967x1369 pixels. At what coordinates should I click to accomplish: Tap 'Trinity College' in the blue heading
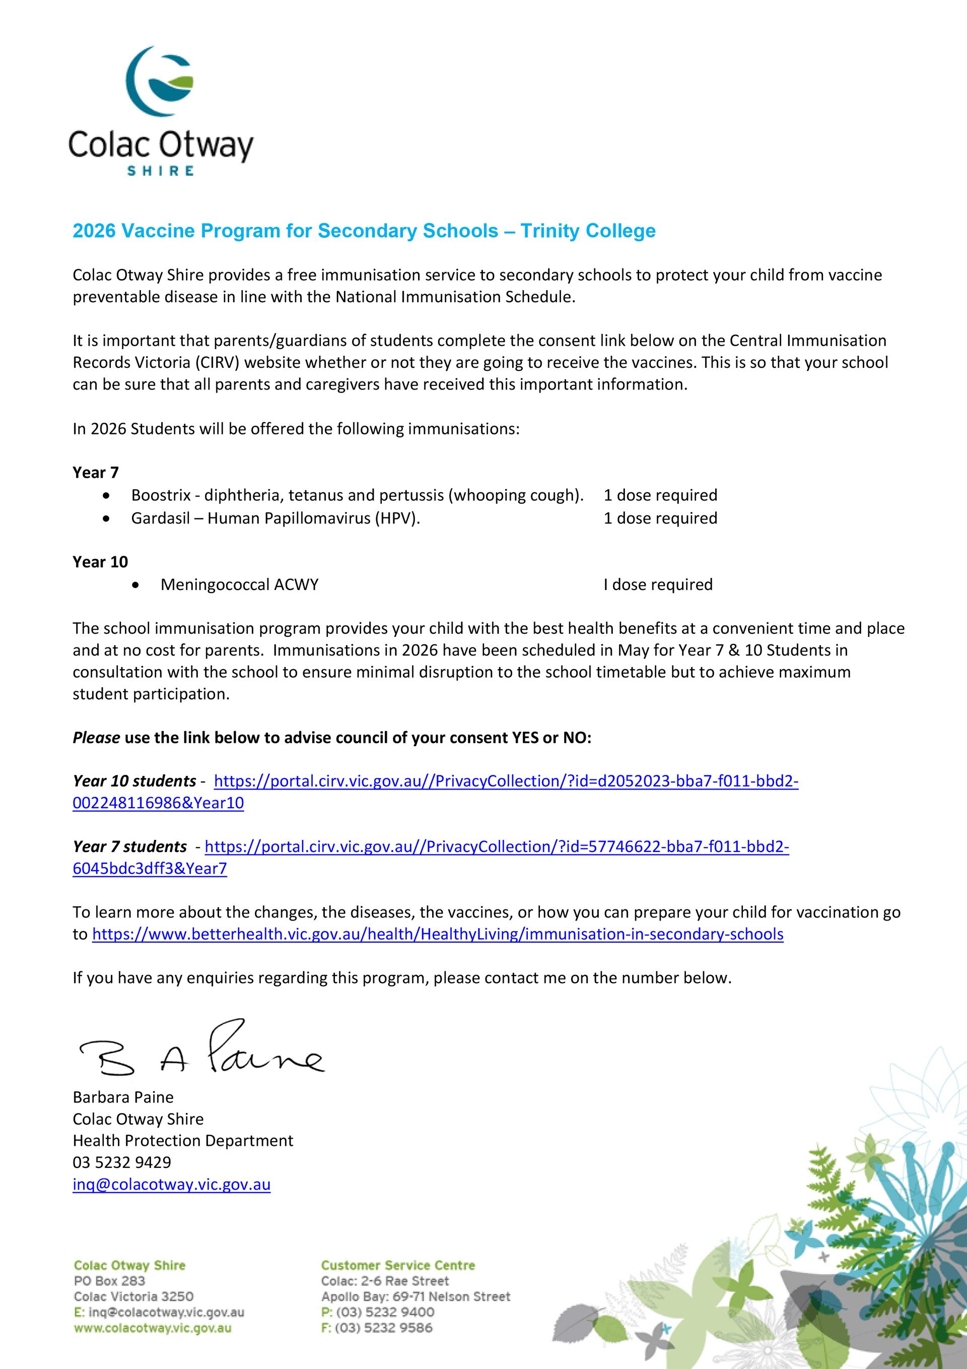(588, 231)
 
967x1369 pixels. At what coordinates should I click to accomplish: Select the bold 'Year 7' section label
(95, 473)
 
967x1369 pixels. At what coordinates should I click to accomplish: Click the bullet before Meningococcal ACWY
(137, 585)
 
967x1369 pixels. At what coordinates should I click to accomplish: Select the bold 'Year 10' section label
(100, 562)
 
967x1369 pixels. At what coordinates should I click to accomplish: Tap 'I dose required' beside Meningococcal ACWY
(658, 584)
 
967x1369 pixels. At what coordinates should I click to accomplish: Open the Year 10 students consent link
(506, 781)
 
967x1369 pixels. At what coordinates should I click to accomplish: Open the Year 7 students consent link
(497, 846)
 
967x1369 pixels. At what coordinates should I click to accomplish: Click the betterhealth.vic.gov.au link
(438, 934)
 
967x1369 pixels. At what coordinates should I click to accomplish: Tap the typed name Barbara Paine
(123, 1097)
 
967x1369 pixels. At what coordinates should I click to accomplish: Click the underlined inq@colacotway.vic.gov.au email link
(172, 1184)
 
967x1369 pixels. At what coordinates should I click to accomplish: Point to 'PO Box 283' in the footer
(109, 1281)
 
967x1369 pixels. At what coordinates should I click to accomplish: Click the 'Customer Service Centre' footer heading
(398, 1265)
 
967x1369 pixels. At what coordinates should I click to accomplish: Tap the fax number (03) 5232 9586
(385, 1328)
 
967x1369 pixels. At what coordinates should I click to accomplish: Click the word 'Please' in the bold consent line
(96, 738)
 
